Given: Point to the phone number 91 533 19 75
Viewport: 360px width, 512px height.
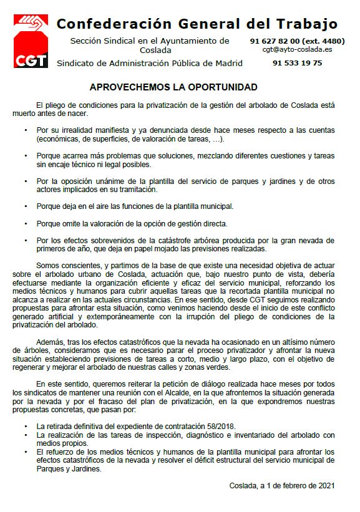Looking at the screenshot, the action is (297, 63).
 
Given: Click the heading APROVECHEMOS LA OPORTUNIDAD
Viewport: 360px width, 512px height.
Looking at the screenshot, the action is (173, 87).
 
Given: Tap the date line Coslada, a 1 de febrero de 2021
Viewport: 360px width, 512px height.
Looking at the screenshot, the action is (282, 485).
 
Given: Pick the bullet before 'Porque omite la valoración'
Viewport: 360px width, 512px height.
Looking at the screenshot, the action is (26, 223).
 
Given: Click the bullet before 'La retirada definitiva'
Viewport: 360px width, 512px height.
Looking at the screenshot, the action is (26, 425).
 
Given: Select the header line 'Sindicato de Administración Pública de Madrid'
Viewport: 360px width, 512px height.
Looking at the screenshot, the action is (149, 63).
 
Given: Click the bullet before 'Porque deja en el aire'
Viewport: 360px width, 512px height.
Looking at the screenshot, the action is (26, 205).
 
